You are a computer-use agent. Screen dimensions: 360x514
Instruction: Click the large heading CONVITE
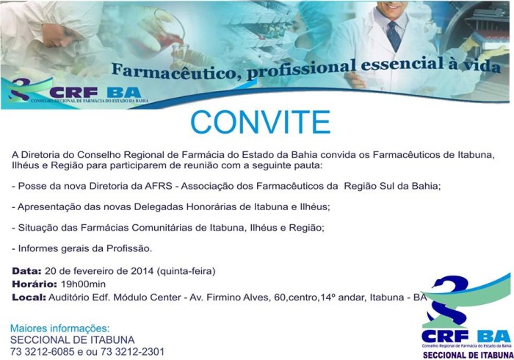260,123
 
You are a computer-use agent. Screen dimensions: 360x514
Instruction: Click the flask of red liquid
169,37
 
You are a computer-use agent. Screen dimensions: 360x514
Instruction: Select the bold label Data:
26,271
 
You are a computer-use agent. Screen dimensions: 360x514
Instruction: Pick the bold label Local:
29,298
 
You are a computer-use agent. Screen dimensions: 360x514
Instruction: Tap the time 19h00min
83,284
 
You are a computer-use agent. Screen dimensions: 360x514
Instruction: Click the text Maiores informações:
59,328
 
